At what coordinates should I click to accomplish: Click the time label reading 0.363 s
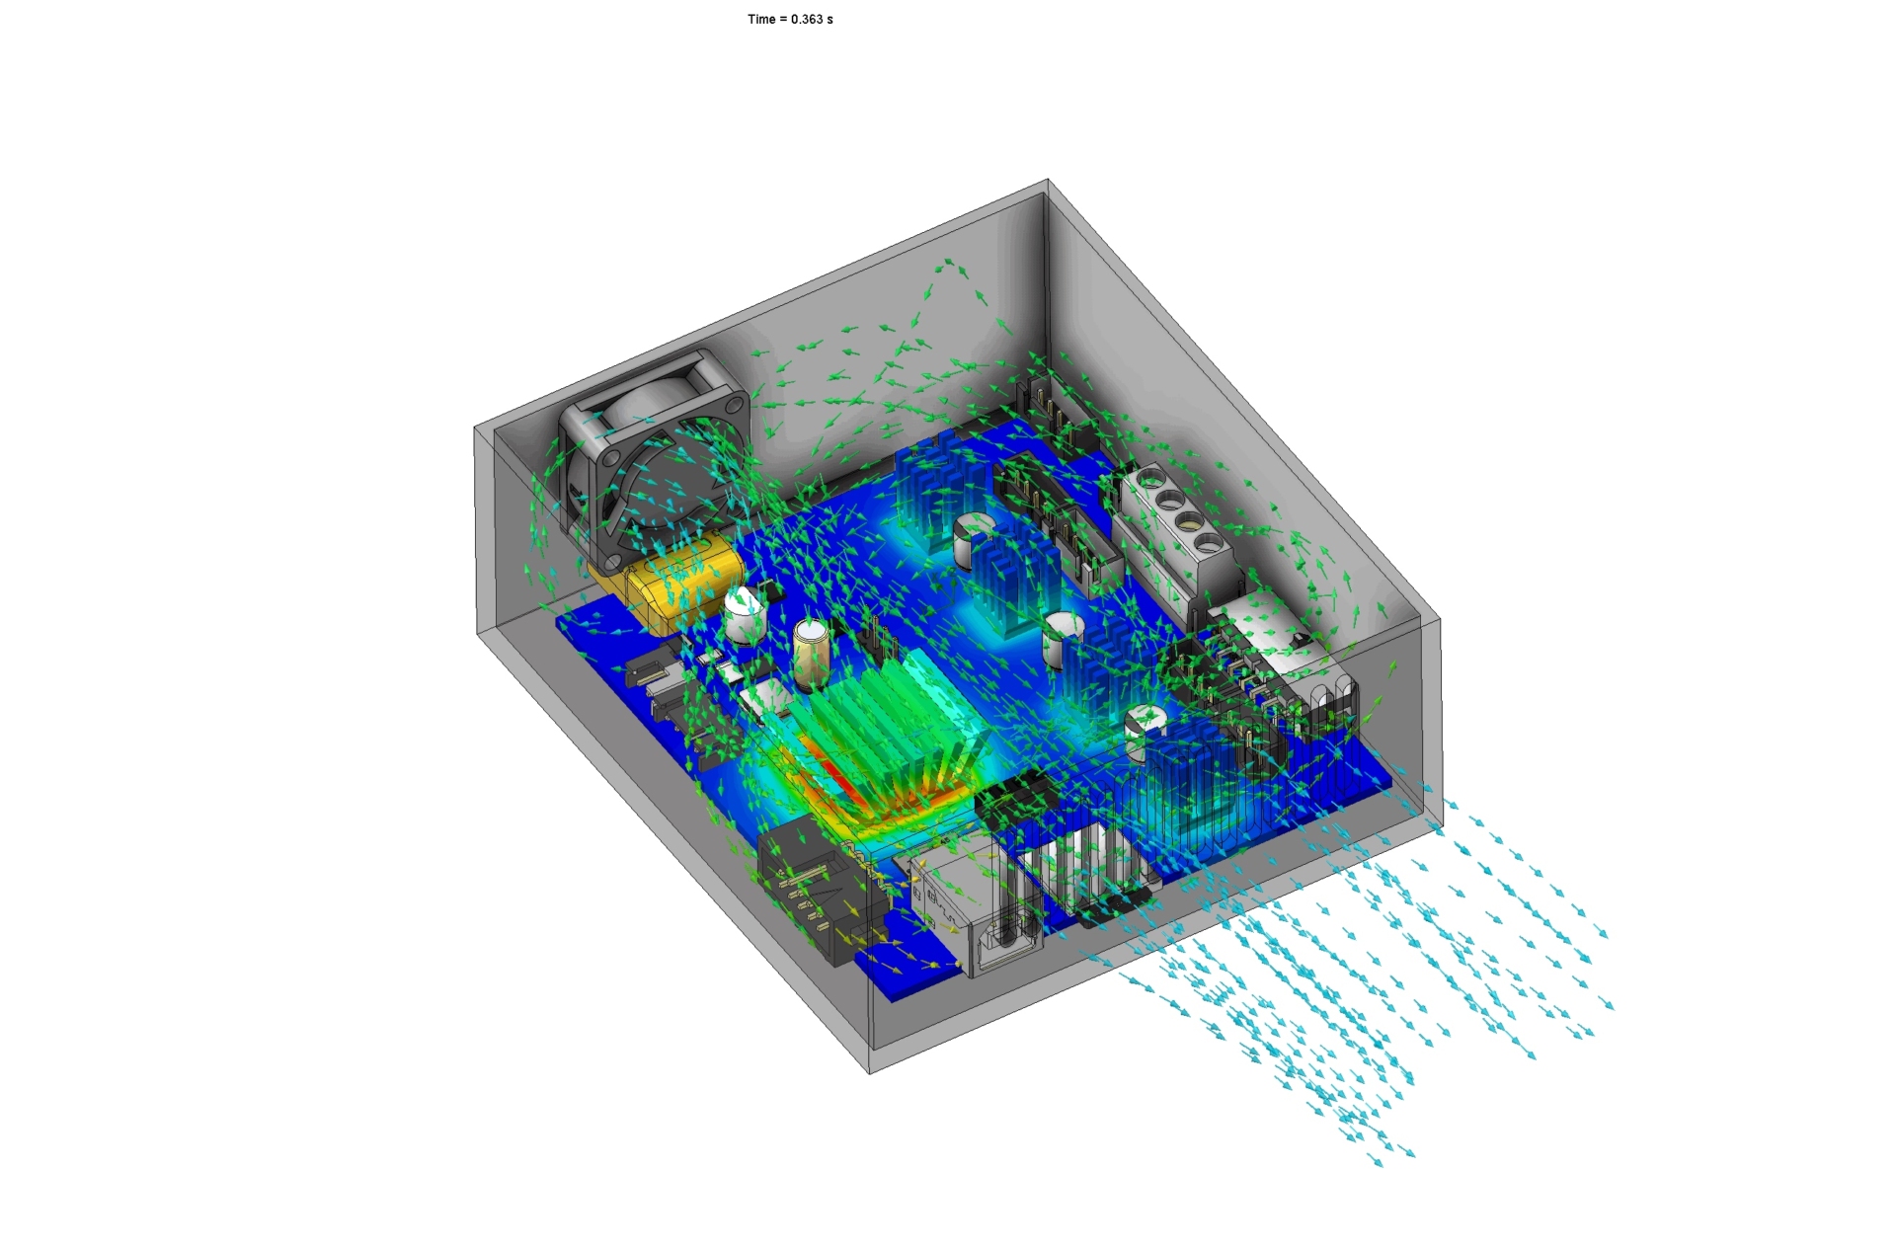click(x=790, y=19)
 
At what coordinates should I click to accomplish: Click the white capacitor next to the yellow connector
click(x=746, y=615)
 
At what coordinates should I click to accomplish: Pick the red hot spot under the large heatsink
click(x=829, y=765)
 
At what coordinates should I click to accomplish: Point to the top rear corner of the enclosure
click(x=1048, y=181)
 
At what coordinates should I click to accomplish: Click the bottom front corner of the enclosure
click(x=869, y=1072)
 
